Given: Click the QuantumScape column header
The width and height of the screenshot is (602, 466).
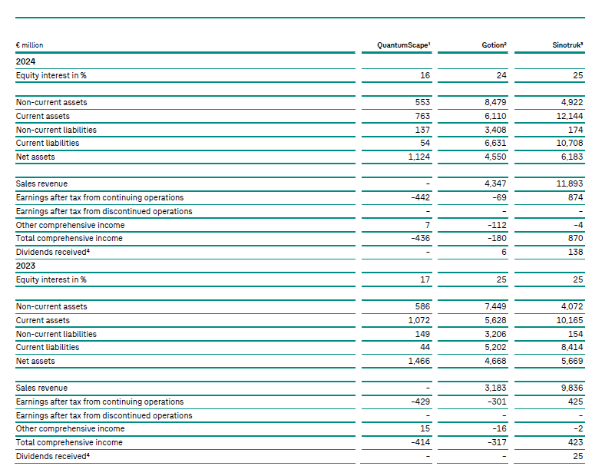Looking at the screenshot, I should pyautogui.click(x=403, y=46).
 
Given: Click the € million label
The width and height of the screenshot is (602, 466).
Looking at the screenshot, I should pyautogui.click(x=30, y=46).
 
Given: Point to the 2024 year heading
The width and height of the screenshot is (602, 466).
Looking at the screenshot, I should pyautogui.click(x=25, y=61).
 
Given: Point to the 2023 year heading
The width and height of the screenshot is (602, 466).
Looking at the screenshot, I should pyautogui.click(x=25, y=266).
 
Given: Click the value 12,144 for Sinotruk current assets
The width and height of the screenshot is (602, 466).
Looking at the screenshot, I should pyautogui.click(x=569, y=116).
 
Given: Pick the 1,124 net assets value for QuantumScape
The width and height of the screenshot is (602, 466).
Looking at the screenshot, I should pyautogui.click(x=419, y=157).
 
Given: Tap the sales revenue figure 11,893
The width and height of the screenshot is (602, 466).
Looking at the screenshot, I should pyautogui.click(x=569, y=184).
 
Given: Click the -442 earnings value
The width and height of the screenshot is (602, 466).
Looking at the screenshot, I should pyautogui.click(x=420, y=198).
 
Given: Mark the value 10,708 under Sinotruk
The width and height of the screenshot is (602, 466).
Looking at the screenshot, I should pyautogui.click(x=569, y=144).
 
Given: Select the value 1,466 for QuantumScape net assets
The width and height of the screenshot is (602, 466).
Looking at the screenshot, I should pyautogui.click(x=419, y=361).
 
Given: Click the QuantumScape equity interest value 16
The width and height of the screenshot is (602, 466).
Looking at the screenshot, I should pyautogui.click(x=425, y=75).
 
